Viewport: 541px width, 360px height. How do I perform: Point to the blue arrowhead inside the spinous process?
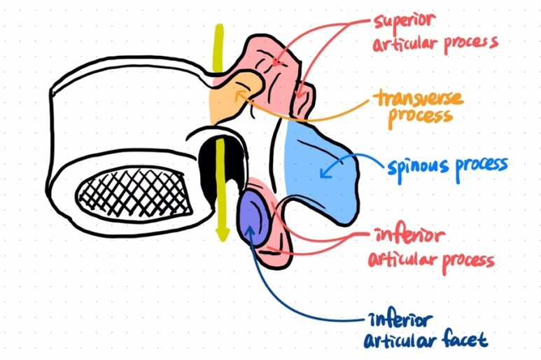[323, 171]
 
